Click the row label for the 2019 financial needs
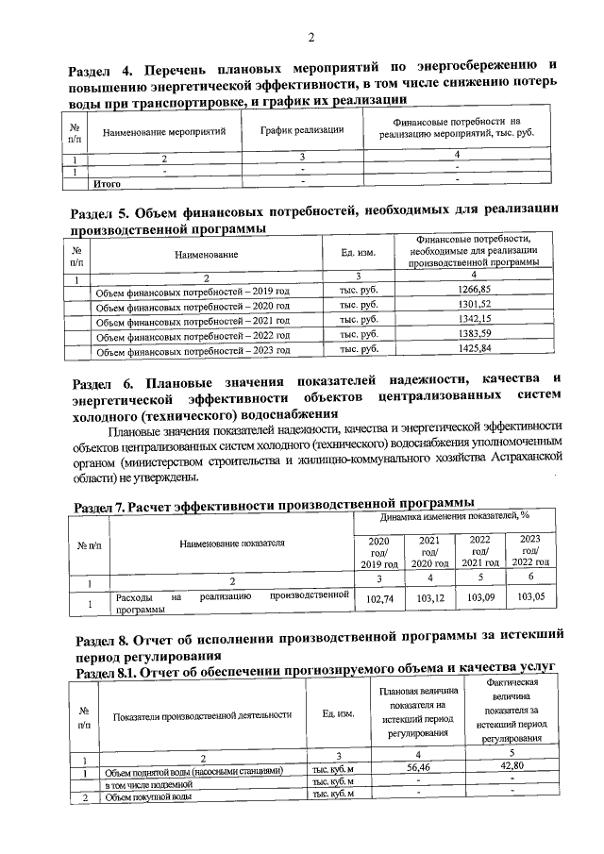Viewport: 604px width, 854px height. (x=193, y=292)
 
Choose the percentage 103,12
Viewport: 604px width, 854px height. (x=429, y=598)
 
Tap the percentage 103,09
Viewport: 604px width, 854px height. (x=480, y=598)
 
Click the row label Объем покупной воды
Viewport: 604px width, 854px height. (x=148, y=797)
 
